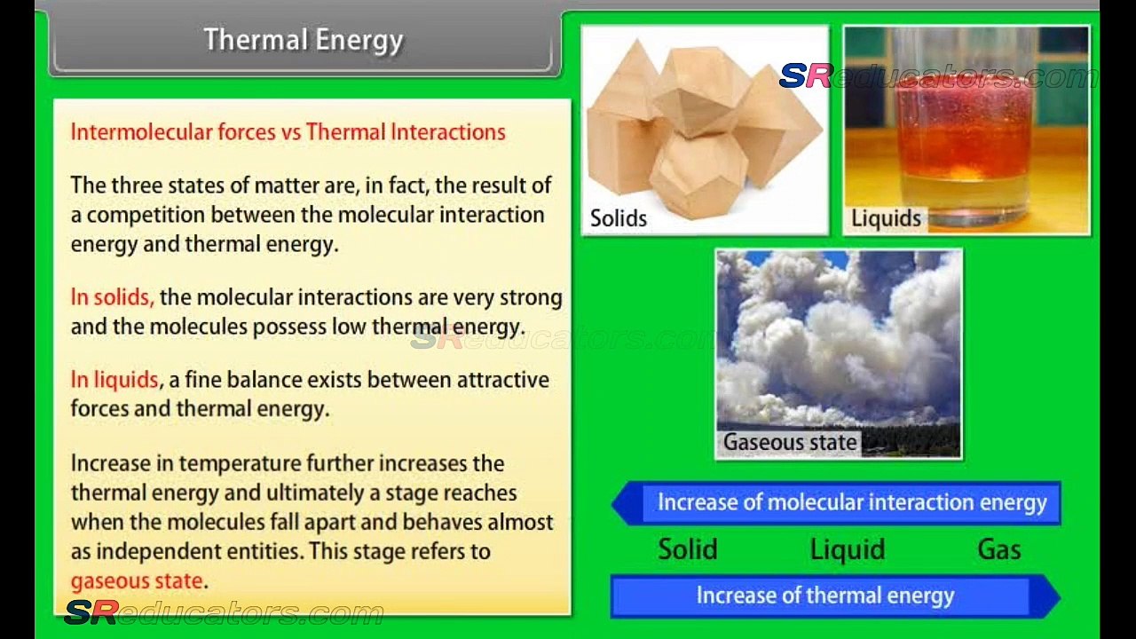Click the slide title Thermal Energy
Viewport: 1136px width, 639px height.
tap(304, 41)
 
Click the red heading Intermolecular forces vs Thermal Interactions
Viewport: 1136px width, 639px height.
tap(288, 132)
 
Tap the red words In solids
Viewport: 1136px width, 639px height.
tap(112, 296)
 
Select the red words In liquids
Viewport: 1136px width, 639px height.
tap(115, 379)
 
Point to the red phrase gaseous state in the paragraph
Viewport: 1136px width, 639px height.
tap(137, 581)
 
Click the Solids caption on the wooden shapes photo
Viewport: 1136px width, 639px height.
tap(619, 218)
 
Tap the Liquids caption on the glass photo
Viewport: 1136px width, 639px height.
tap(886, 218)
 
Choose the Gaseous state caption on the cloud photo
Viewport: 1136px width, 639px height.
tap(790, 442)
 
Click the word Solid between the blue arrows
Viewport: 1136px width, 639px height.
tap(688, 549)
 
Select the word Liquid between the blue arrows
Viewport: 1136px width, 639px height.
tap(848, 549)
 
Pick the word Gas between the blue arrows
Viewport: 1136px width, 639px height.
tap(999, 549)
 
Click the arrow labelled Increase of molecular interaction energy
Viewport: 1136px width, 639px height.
tap(836, 503)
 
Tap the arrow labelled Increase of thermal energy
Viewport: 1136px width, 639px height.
tap(835, 596)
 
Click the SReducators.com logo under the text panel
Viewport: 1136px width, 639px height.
tap(224, 612)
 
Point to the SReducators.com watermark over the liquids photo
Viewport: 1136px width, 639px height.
tap(938, 76)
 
